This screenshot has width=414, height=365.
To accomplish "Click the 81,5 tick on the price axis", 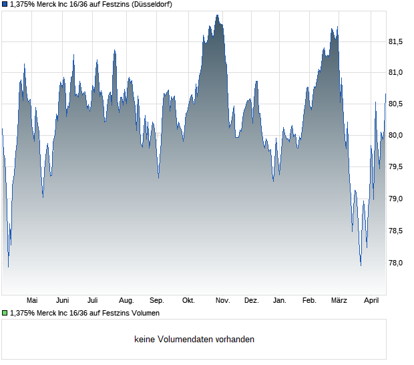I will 395,42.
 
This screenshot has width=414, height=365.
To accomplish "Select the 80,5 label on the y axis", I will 395,104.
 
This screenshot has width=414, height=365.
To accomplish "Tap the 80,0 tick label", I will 395,136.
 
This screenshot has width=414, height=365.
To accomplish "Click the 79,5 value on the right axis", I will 395,167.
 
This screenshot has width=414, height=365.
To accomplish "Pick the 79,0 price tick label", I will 395,199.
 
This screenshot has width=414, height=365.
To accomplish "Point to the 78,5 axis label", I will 395,231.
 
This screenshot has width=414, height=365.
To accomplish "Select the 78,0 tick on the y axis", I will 395,263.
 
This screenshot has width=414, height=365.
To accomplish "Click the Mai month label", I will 31,301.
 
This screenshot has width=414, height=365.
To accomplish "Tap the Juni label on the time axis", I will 63,301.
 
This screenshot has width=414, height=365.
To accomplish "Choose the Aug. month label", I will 126,301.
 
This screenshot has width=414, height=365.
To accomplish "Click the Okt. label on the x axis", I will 188,301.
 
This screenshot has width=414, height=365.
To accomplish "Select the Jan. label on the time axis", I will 280,301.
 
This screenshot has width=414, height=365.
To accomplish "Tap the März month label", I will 339,301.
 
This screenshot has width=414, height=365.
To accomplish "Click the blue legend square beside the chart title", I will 5,5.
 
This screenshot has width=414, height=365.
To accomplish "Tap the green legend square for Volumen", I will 5,312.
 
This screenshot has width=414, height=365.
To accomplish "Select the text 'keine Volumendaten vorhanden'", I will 194,340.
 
